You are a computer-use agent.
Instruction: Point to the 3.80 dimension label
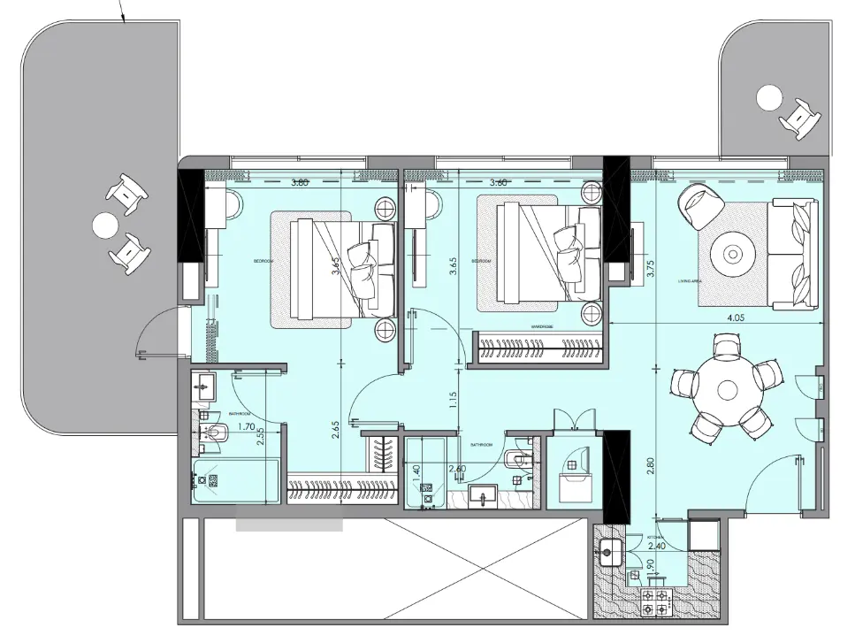point(300,184)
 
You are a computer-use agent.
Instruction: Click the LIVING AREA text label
point(690,281)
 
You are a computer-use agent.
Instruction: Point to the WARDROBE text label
point(542,325)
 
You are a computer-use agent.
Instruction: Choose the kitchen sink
point(609,555)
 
